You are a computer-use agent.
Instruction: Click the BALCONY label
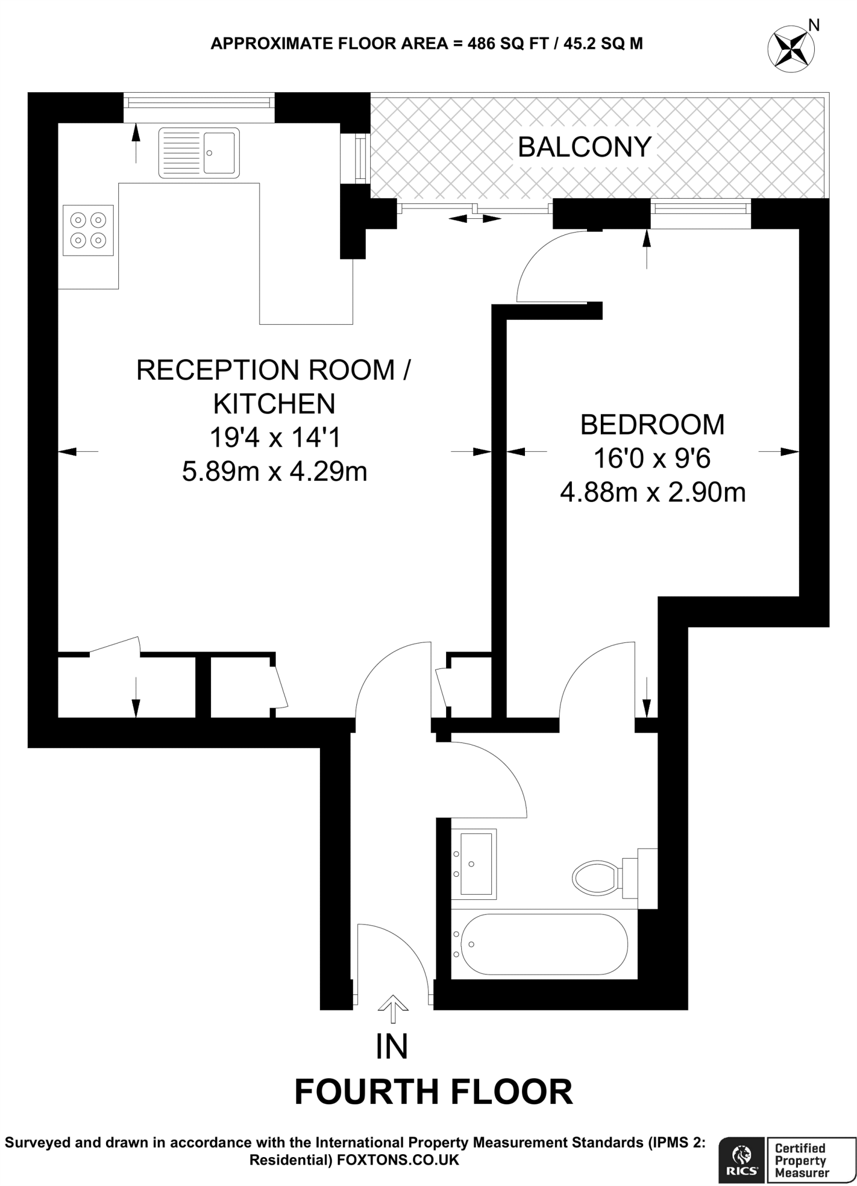point(584,147)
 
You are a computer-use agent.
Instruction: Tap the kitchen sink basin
point(220,152)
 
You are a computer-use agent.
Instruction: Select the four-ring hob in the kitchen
point(88,230)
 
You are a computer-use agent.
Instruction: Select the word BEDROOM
point(652,424)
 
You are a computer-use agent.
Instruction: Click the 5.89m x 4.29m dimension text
point(275,471)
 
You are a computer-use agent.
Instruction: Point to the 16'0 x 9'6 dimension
point(652,459)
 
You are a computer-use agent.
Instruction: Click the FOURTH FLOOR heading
point(433,1092)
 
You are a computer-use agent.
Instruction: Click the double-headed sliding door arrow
point(475,218)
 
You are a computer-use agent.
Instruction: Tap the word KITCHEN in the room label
point(275,404)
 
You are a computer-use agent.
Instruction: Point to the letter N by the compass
point(814,25)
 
